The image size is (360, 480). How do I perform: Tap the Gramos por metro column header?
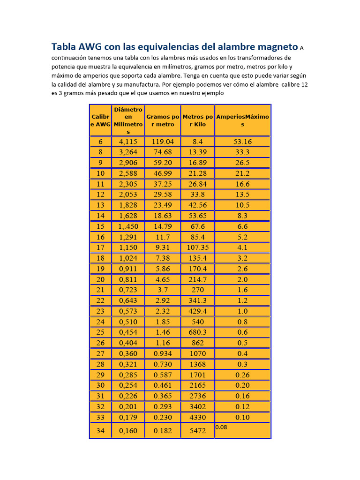(163, 120)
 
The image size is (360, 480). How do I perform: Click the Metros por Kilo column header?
(198, 120)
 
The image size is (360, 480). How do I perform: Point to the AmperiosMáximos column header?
(242, 120)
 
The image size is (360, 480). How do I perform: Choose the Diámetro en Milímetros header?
(128, 120)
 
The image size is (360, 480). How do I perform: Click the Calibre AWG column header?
(101, 120)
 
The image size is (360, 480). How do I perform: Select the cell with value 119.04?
(163, 142)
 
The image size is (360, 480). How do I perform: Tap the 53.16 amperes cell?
(242, 142)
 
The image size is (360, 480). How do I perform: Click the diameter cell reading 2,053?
(128, 195)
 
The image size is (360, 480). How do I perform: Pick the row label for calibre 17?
(100, 247)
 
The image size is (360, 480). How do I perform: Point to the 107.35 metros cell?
(198, 247)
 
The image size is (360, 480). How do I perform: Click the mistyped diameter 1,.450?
(128, 226)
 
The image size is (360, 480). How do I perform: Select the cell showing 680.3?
(198, 332)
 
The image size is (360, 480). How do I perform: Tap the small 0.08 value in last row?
(221, 427)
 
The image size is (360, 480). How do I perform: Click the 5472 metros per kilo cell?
(198, 431)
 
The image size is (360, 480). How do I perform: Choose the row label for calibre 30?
(100, 385)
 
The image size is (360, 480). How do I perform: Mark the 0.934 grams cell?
(163, 353)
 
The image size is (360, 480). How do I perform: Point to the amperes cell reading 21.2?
(242, 173)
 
